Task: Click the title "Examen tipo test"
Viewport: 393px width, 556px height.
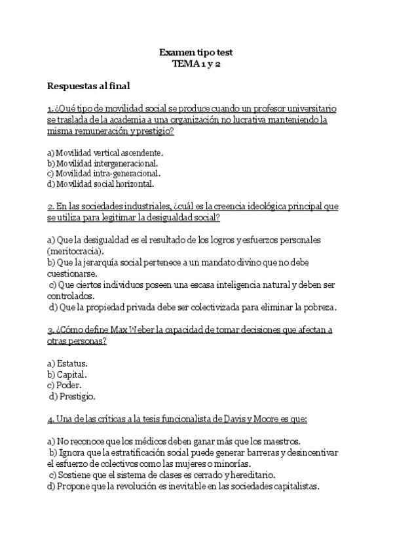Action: point(196,52)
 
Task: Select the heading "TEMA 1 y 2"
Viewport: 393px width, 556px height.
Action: point(196,64)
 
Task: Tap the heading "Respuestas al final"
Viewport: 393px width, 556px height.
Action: point(88,85)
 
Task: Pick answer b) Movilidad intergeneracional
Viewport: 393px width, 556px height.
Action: point(103,163)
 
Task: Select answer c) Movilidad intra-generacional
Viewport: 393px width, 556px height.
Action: point(104,173)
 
